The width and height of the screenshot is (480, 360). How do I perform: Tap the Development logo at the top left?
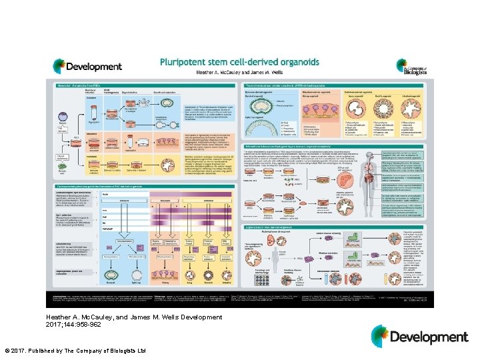click(x=88, y=66)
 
